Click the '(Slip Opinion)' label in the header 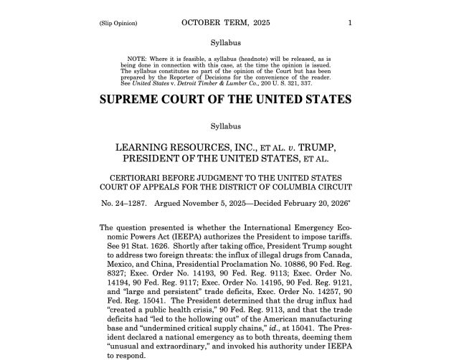click(118, 23)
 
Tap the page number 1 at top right click(349, 22)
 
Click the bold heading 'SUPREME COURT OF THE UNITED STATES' click(225, 99)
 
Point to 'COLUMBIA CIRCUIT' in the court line click(316, 187)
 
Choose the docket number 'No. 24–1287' click(123, 204)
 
